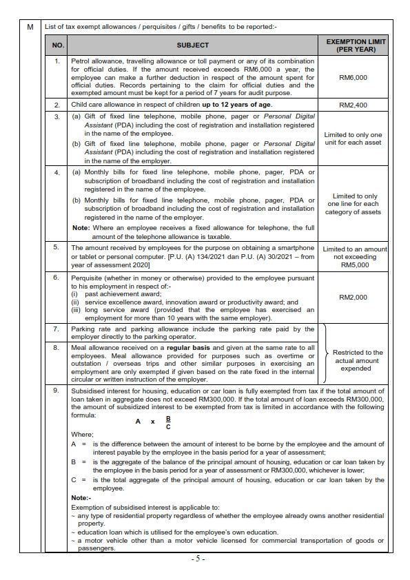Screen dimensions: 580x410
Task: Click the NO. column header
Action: pyautogui.click(x=58, y=46)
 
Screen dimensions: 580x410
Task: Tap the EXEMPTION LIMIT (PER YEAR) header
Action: pyautogui.click(x=356, y=46)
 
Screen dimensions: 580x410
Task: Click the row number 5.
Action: pyautogui.click(x=58, y=247)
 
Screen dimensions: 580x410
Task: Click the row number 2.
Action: pyautogui.click(x=58, y=105)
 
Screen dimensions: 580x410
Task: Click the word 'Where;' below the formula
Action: pyautogui.click(x=82, y=435)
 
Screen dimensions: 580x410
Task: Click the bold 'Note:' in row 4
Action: pyautogui.click(x=81, y=227)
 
